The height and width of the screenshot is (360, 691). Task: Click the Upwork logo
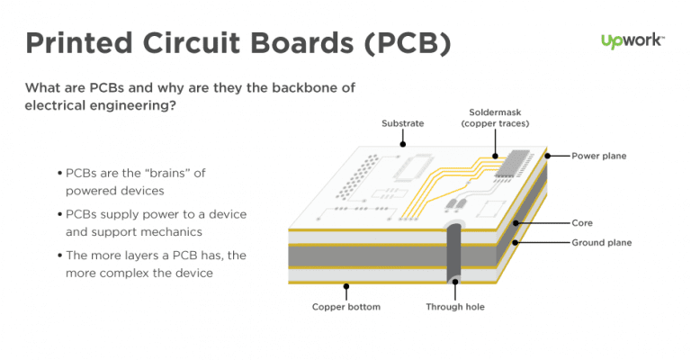point(633,41)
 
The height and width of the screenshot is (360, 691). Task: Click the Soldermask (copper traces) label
point(495,117)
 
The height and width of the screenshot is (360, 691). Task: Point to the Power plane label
point(599,156)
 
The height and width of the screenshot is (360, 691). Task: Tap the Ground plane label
point(602,242)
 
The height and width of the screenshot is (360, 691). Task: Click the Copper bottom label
point(345,307)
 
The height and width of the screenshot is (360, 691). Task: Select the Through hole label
point(455,307)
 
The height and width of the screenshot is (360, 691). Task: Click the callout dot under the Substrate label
point(403,142)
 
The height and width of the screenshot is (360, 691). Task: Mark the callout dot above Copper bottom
point(346,288)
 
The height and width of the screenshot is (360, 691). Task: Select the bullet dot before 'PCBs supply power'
point(59,215)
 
